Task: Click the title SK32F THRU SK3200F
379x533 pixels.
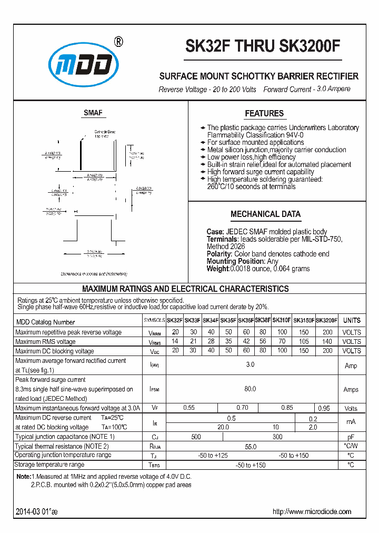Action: pyautogui.click(x=263, y=46)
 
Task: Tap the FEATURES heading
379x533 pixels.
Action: pyautogui.click(x=264, y=113)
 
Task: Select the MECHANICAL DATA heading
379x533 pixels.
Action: pyautogui.click(x=265, y=214)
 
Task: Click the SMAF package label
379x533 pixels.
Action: pyautogui.click(x=93, y=113)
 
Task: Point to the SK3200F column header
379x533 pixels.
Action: pyautogui.click(x=327, y=320)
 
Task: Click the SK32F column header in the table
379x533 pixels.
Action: pyautogui.click(x=175, y=320)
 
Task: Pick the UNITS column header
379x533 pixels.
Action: pyautogui.click(x=352, y=320)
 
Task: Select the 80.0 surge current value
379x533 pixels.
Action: pyautogui.click(x=250, y=389)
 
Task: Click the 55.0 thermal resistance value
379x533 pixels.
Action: pyautogui.click(x=250, y=446)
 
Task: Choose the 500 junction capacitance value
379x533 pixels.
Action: pyautogui.click(x=196, y=437)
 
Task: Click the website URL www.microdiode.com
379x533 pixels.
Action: pyautogui.click(x=312, y=511)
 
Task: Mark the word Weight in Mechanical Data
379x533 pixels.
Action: pyautogui.click(x=217, y=269)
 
